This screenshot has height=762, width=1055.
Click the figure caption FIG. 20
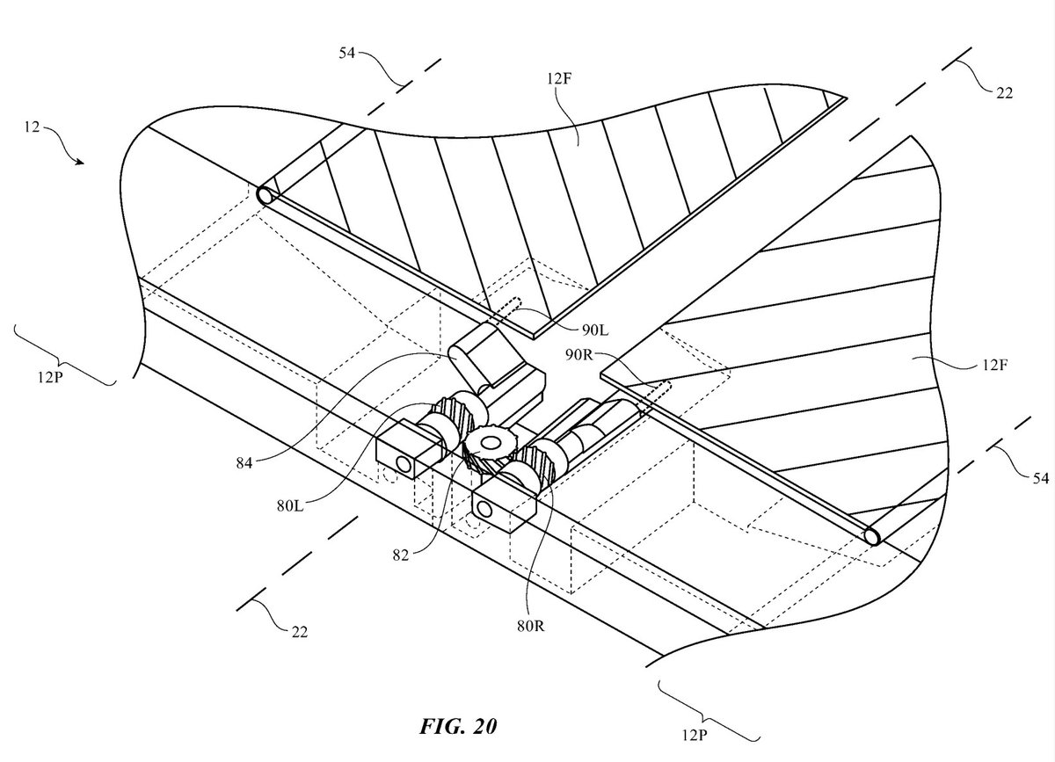click(x=458, y=727)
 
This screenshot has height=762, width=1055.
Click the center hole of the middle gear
click(x=486, y=440)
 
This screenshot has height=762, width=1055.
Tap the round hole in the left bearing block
click(x=403, y=462)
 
